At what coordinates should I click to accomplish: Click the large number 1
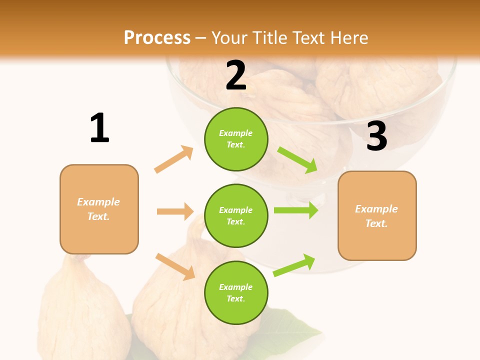click(x=99, y=128)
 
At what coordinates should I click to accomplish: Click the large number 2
click(x=236, y=75)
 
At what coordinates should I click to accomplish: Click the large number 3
click(x=376, y=136)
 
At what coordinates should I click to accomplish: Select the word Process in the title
click(x=157, y=37)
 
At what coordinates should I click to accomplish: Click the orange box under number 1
click(x=99, y=209)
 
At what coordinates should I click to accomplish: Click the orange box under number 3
click(x=377, y=215)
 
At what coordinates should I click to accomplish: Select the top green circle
click(x=236, y=139)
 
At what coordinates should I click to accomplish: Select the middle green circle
click(x=236, y=215)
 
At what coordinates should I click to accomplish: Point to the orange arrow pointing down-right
click(x=175, y=266)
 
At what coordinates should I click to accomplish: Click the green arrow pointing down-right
click(x=297, y=160)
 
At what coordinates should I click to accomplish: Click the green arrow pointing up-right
click(x=294, y=265)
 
